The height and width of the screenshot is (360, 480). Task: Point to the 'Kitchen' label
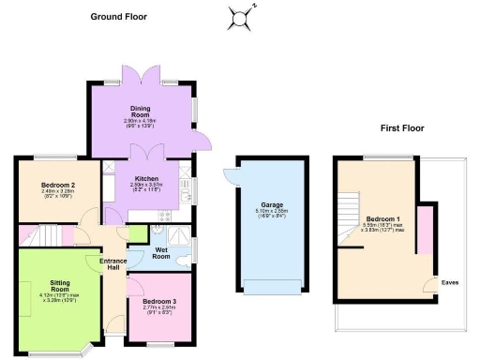145,178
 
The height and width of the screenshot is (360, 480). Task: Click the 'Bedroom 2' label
57,185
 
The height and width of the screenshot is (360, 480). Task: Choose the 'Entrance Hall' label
113,264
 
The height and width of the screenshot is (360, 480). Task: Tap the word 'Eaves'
450,282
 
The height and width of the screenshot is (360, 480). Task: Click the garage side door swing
231,175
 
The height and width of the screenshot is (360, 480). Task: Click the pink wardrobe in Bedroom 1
425,232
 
